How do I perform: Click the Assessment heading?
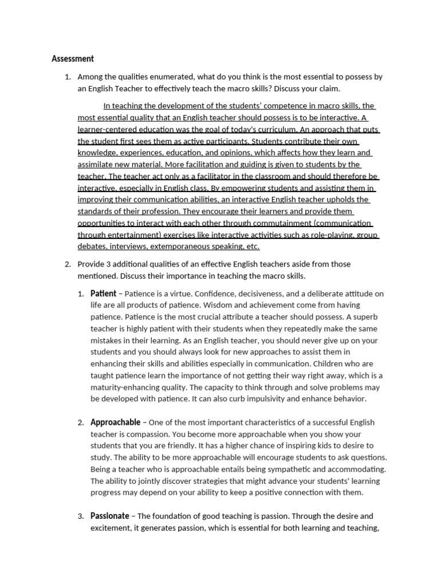pos(73,58)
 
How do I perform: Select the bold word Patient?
pos(103,293)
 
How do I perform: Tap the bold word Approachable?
pos(115,422)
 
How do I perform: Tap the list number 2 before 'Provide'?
pos(66,264)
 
